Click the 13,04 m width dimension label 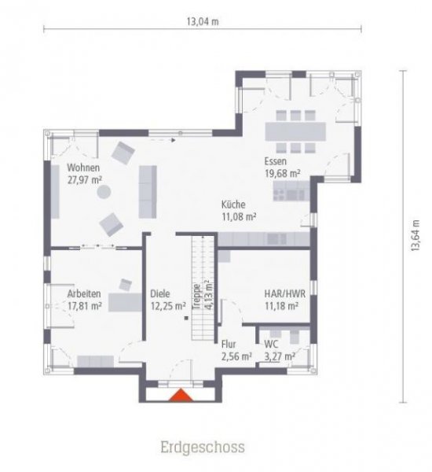(202, 21)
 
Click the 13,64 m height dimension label (415, 234)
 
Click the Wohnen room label (83, 168)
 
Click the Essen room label (276, 160)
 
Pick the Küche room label (235, 203)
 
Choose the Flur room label (230, 345)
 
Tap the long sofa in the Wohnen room (146, 191)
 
